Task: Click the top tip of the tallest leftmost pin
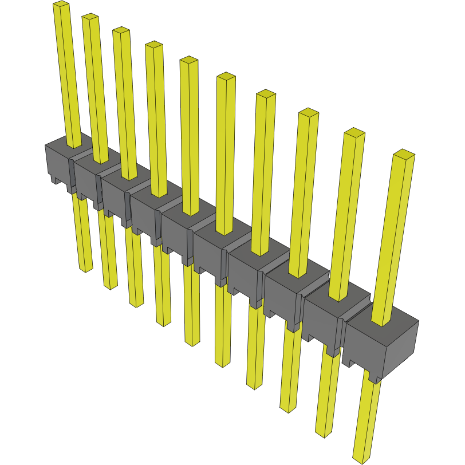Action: (61, 4)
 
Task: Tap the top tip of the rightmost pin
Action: (404, 153)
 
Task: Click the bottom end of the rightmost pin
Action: (361, 459)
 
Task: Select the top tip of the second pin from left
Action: (90, 17)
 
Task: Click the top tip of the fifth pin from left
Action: (188, 60)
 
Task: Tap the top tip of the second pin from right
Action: (354, 133)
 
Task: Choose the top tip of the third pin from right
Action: (309, 112)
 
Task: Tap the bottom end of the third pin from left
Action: (137, 304)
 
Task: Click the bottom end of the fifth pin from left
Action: (192, 343)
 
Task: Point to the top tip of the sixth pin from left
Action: (226, 76)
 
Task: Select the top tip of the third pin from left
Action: (121, 30)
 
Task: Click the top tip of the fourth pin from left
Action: (153, 45)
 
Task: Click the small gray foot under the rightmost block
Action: (375, 377)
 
